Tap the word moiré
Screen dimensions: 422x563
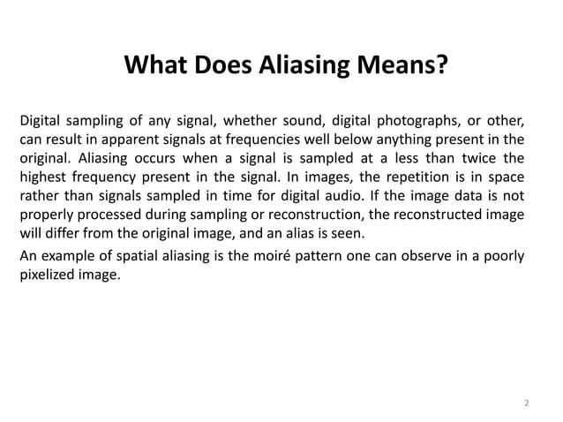[x=248, y=257]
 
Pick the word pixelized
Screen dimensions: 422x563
[x=49, y=276]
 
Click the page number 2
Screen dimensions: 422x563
[x=526, y=403]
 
